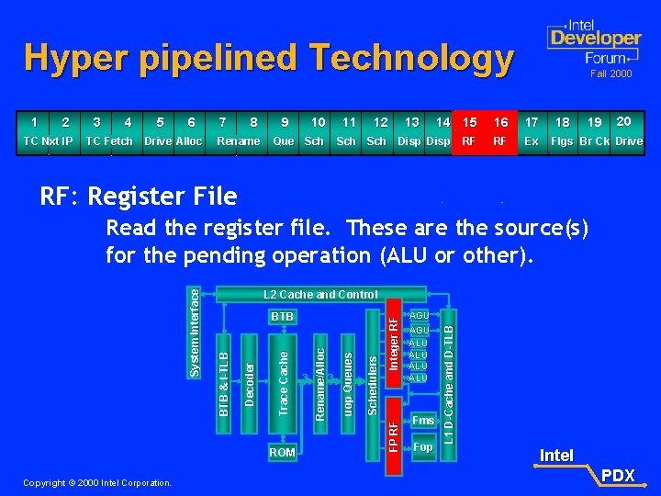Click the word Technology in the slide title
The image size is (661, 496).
click(x=411, y=59)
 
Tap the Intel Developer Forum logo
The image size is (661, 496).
click(x=594, y=42)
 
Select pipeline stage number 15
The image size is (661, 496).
click(x=469, y=121)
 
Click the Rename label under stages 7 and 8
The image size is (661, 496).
click(x=239, y=141)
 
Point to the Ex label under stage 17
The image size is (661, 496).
click(x=532, y=141)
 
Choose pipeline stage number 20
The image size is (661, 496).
click(x=624, y=121)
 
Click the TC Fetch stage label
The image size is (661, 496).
click(x=108, y=141)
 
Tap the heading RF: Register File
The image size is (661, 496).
click(x=138, y=196)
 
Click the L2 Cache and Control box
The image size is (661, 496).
click(x=319, y=294)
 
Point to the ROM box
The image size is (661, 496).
click(x=282, y=452)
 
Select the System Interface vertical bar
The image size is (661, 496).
click(x=194, y=330)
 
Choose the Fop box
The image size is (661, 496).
click(x=422, y=447)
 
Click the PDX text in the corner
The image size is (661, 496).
click(x=618, y=475)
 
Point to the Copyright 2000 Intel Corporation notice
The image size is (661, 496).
click(x=97, y=482)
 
